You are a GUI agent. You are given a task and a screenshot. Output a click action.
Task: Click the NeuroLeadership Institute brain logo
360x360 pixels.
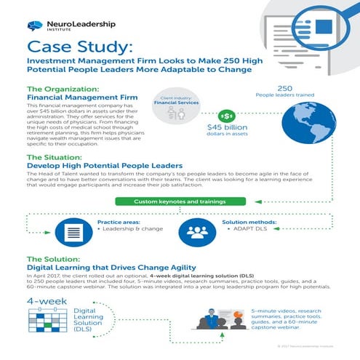click(x=34, y=25)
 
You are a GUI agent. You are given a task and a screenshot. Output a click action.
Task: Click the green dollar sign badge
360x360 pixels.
click(x=227, y=116)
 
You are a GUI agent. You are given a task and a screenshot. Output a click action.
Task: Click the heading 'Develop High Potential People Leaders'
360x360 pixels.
click(x=105, y=167)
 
